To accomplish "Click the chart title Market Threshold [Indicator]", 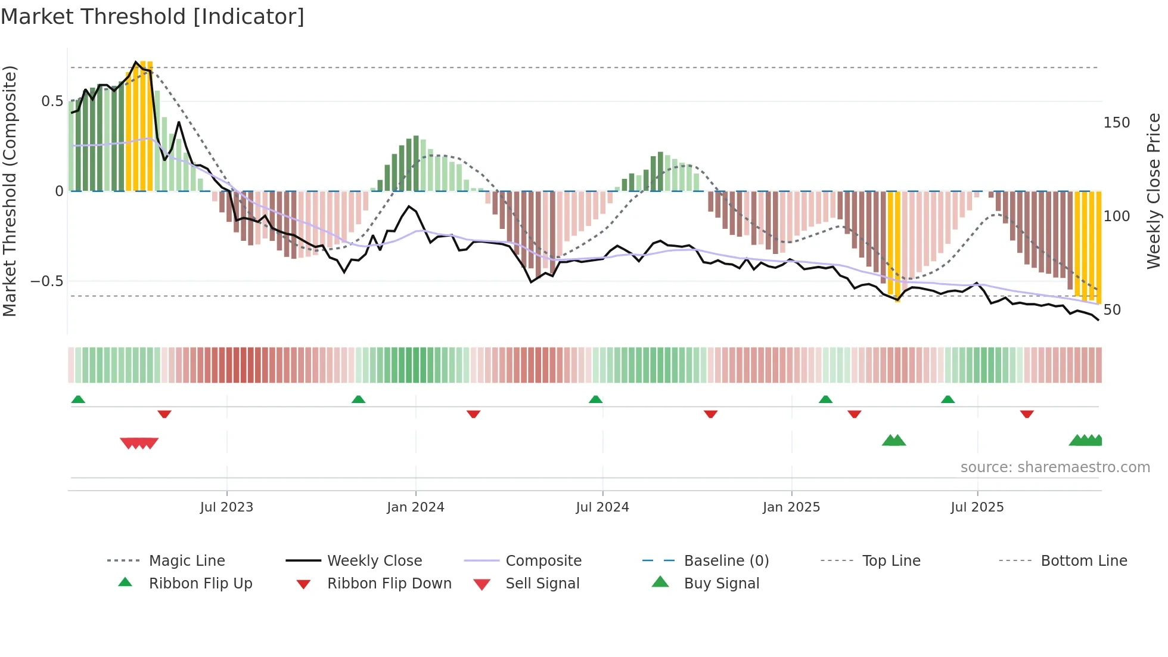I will pyautogui.click(x=153, y=17).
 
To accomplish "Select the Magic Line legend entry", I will pyautogui.click(x=187, y=561).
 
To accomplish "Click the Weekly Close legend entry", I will pyautogui.click(x=374, y=561).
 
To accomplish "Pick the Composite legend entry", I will pyautogui.click(x=543, y=561).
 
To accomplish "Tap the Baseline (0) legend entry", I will pyautogui.click(x=726, y=561).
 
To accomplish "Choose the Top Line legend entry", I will pyautogui.click(x=891, y=561).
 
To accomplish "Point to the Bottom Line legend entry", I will pyautogui.click(x=1083, y=561).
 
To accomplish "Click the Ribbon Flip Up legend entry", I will pyautogui.click(x=200, y=584).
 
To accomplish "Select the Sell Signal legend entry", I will pyautogui.click(x=542, y=584).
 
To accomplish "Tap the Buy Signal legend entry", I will pyautogui.click(x=721, y=584).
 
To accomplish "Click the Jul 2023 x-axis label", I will pyautogui.click(x=226, y=507).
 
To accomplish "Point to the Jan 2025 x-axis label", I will pyautogui.click(x=791, y=507).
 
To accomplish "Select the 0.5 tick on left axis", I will pyautogui.click(x=52, y=101).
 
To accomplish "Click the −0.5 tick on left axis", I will pyautogui.click(x=47, y=281).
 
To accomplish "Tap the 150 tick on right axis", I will pyautogui.click(x=1116, y=123).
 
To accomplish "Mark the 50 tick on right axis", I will pyautogui.click(x=1112, y=310).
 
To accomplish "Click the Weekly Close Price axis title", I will pyautogui.click(x=1154, y=191).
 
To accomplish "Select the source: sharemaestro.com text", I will pyautogui.click(x=1055, y=467).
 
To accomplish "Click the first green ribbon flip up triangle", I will pyautogui.click(x=78, y=399).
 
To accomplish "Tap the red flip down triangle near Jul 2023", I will pyautogui.click(x=164, y=414).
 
